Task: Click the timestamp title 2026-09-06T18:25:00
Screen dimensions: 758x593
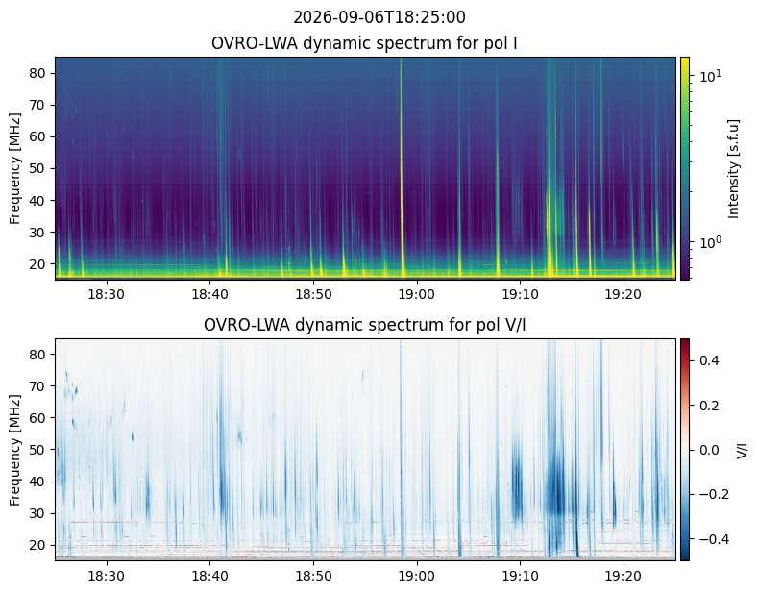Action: click(x=379, y=17)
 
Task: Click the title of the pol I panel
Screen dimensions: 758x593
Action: click(x=364, y=43)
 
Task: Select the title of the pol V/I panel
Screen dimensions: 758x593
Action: click(x=364, y=325)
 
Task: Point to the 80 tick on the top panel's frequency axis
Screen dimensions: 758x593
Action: click(x=38, y=73)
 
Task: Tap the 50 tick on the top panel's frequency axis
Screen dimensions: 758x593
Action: click(x=38, y=169)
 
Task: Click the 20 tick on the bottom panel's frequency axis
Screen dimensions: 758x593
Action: click(x=38, y=545)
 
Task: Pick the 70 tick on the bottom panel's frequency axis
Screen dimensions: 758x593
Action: click(x=38, y=386)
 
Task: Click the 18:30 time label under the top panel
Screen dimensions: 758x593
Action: click(x=107, y=294)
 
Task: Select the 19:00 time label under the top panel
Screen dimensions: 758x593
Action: click(x=417, y=294)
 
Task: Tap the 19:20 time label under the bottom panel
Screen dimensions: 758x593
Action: click(x=624, y=576)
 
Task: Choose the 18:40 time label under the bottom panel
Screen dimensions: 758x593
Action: click(x=209, y=576)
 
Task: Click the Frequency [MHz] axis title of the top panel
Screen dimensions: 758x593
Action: click(x=15, y=168)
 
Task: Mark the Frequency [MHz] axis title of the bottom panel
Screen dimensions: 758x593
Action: click(x=15, y=450)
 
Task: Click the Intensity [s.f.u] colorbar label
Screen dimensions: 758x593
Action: click(x=733, y=168)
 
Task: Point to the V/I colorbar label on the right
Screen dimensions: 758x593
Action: click(x=743, y=450)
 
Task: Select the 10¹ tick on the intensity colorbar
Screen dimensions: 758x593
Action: click(x=711, y=76)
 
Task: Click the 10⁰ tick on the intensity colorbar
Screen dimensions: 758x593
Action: click(x=711, y=241)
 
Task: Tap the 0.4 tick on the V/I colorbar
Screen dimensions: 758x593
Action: click(x=709, y=360)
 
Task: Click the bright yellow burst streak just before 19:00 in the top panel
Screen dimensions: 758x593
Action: click(x=402, y=167)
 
